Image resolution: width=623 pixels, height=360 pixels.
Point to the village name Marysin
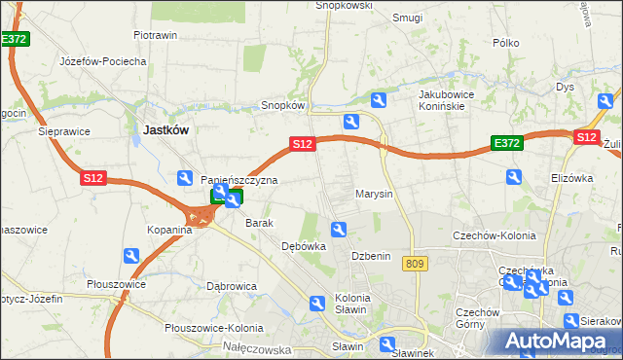click(x=374, y=194)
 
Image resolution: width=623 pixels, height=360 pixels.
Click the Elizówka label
click(x=571, y=178)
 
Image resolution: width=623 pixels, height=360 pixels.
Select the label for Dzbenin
click(x=371, y=256)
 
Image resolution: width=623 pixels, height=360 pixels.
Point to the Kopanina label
click(x=169, y=230)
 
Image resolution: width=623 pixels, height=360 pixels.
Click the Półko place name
click(x=506, y=43)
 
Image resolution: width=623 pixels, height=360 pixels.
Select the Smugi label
click(x=407, y=18)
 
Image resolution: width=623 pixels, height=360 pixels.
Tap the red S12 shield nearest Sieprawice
click(x=92, y=178)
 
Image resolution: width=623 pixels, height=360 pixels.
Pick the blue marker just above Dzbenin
click(x=339, y=230)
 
